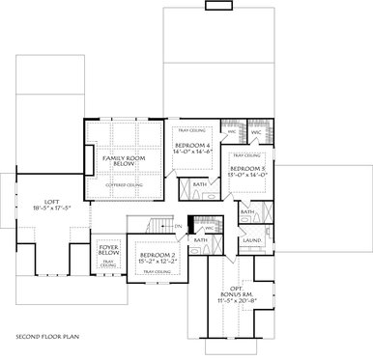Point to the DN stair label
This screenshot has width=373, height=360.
pos(179,227)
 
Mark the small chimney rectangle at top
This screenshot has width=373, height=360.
pos(219,6)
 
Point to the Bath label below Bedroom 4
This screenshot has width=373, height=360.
pos(199,183)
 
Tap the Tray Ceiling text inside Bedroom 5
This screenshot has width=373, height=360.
pos(247,155)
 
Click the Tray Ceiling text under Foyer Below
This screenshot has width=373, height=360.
pos(107,263)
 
